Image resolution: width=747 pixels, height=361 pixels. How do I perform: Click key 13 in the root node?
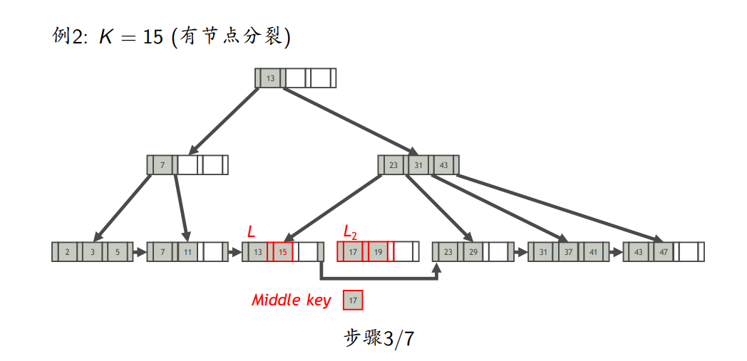270,78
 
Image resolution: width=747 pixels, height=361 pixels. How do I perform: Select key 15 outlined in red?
283,251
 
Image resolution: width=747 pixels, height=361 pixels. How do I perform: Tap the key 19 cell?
378,251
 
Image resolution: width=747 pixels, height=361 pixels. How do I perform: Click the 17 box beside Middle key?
353,300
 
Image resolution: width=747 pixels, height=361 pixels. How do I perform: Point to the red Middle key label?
291,300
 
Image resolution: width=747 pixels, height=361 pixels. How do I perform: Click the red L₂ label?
350,231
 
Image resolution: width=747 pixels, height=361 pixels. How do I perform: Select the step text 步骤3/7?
378,338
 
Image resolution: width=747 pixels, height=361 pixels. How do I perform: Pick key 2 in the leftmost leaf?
67,251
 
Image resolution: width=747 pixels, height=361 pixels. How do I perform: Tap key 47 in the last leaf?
663,251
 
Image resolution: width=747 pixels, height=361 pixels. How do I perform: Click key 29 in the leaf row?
473,251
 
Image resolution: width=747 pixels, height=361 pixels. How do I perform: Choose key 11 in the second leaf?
187,251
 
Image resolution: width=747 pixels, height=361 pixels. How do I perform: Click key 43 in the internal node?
443,164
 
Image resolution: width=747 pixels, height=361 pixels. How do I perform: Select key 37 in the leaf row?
568,251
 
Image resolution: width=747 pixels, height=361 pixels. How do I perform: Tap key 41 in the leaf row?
593,251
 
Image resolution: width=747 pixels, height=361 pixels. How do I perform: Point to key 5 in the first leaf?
118,251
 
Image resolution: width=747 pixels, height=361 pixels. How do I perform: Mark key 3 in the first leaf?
93,251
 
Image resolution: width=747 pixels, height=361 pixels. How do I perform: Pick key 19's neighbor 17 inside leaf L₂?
352,251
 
